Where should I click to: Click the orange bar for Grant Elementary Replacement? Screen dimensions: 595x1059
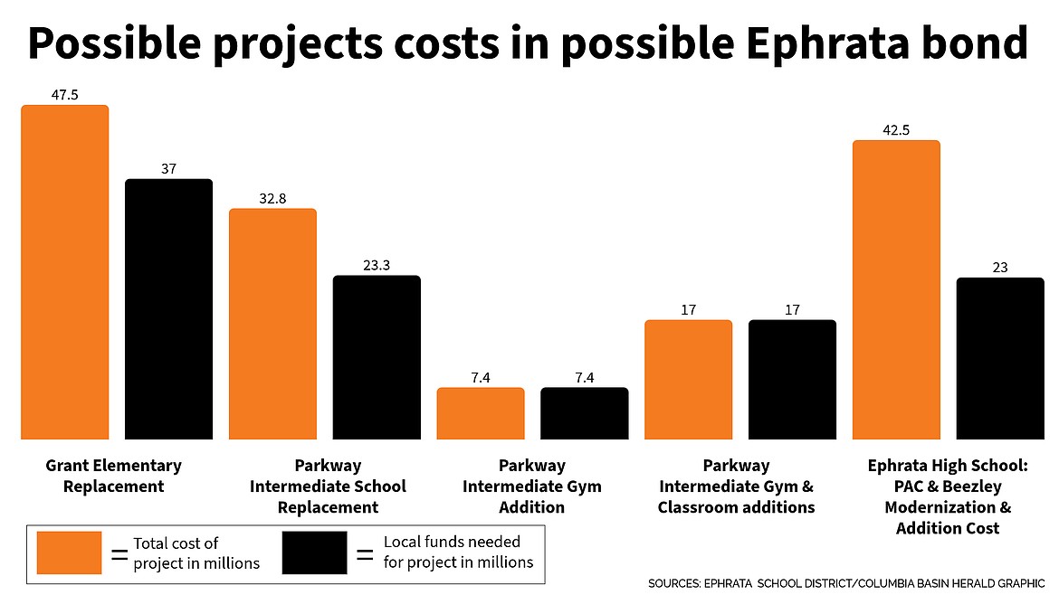point(64,272)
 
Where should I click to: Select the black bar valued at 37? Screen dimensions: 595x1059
point(168,309)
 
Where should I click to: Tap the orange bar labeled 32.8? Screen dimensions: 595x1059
point(272,324)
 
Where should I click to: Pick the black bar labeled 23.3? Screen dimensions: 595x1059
point(377,357)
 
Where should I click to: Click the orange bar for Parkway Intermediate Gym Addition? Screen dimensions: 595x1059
point(481,413)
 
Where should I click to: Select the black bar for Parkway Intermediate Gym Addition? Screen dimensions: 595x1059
point(585,413)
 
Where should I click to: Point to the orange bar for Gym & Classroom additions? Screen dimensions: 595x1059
point(688,380)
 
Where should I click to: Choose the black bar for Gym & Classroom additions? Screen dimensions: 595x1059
point(792,380)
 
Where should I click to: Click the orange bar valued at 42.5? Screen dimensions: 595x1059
point(896,289)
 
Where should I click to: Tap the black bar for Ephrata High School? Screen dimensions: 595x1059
point(1000,358)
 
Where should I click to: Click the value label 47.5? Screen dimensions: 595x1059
point(64,93)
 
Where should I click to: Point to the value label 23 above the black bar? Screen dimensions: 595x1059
point(1000,267)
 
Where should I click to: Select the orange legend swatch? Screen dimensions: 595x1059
point(69,552)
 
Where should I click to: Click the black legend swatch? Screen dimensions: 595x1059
point(314,552)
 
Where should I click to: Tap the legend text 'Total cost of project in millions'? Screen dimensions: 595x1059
point(196,552)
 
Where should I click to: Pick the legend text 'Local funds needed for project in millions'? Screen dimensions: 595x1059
point(458,552)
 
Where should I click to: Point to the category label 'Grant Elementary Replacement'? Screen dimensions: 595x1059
point(113,476)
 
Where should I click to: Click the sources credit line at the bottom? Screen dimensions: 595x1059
point(845,583)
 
